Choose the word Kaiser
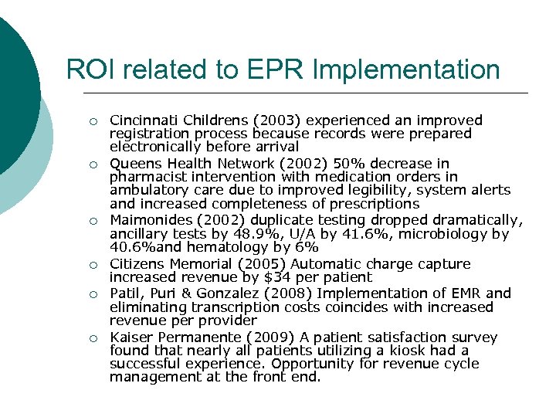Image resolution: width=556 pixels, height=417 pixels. coord(131,337)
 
